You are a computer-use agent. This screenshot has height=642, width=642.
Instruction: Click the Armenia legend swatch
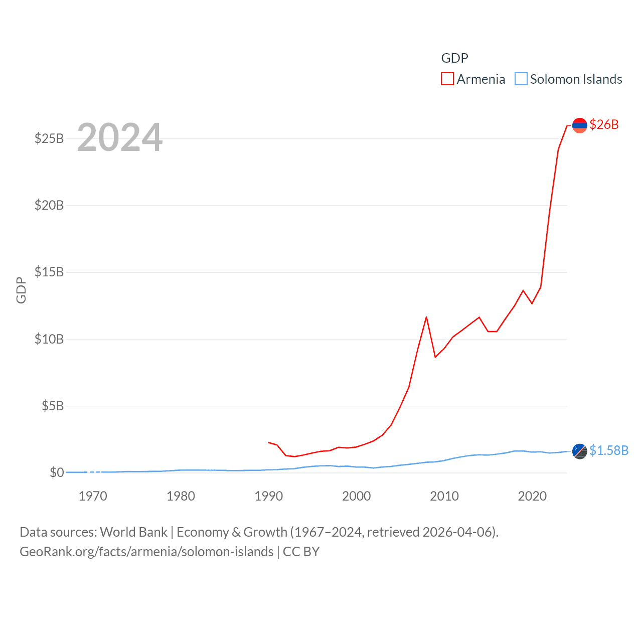[447, 79]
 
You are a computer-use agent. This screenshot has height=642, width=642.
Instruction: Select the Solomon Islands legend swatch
[521, 79]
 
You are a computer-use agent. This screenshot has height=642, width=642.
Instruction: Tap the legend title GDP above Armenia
[454, 58]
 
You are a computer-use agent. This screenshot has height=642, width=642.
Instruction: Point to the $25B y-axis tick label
[49, 138]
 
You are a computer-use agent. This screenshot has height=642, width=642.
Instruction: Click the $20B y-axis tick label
[49, 205]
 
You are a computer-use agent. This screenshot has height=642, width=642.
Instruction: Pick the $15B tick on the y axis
[49, 272]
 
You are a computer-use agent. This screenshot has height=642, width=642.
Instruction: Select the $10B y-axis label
[49, 339]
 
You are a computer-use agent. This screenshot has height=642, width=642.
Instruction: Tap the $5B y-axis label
[53, 406]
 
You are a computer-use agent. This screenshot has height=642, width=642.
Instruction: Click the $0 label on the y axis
[57, 472]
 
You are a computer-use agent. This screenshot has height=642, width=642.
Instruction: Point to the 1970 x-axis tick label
[93, 497]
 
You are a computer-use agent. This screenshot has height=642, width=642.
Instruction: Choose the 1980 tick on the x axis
[181, 497]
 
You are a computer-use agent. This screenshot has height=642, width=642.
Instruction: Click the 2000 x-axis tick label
[356, 497]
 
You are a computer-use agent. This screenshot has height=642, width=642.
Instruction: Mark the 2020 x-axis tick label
[532, 497]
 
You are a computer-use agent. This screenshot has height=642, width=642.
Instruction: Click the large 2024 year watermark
[120, 137]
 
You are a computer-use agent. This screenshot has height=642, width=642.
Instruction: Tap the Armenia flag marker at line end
[579, 125]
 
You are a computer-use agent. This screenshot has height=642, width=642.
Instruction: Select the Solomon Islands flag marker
[579, 451]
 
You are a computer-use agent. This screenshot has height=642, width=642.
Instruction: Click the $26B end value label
[604, 124]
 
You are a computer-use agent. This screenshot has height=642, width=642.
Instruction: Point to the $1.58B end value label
[609, 450]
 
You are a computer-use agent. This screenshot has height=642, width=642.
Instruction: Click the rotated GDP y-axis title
[21, 290]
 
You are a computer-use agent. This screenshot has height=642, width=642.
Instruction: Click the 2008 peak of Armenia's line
[426, 317]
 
